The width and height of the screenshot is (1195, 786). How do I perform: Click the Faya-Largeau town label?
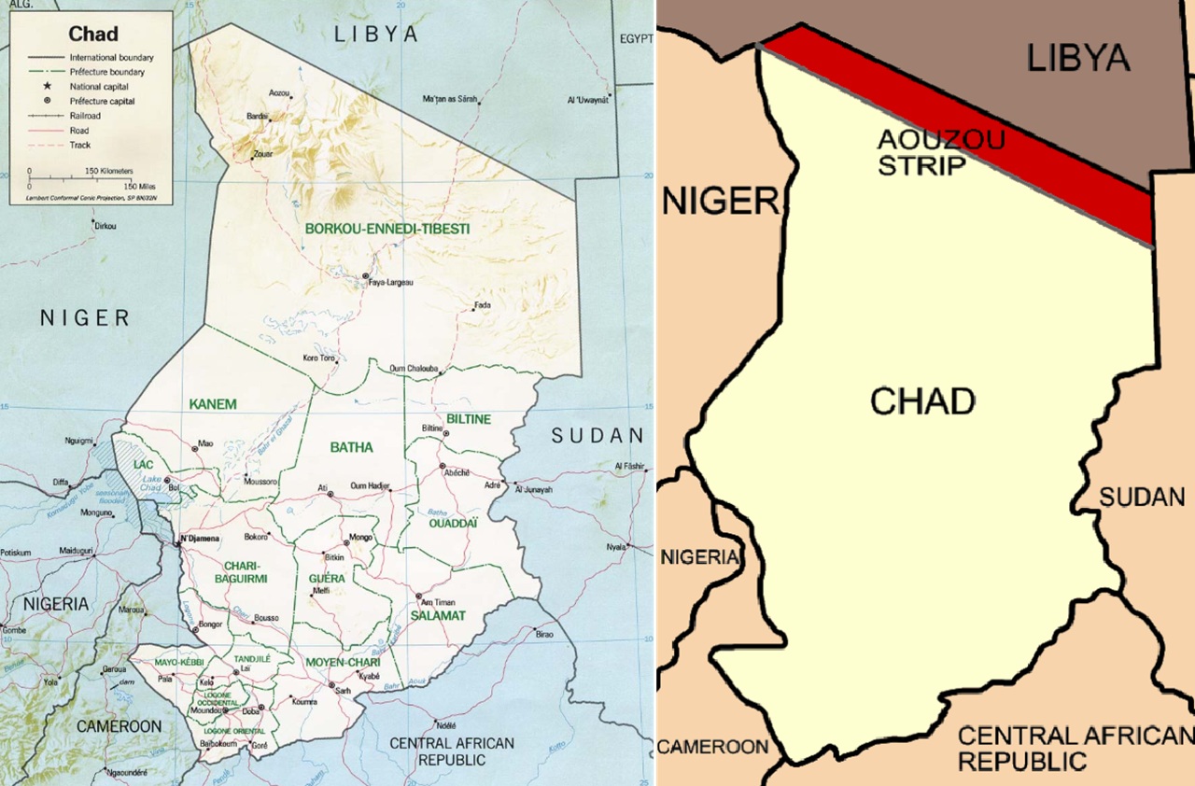click(390, 282)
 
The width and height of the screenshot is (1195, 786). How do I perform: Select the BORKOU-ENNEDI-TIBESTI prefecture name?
click(387, 229)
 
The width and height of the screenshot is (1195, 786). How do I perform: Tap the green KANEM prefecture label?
click(213, 404)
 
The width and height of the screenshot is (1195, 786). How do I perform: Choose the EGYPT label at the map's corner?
click(635, 39)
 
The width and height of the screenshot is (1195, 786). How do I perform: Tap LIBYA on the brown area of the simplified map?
click(1078, 58)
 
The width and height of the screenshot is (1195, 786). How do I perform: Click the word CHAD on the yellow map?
click(922, 401)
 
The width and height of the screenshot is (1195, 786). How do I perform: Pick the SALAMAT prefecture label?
click(438, 616)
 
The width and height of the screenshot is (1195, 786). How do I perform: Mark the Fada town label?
click(482, 305)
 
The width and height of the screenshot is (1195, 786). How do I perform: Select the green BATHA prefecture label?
click(351, 447)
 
